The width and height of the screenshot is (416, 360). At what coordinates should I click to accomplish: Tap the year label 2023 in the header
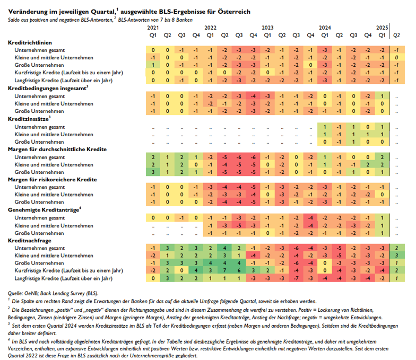click(267, 28)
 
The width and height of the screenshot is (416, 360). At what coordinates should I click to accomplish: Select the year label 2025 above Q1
click(382, 28)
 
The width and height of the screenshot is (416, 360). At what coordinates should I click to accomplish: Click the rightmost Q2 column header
click(396, 35)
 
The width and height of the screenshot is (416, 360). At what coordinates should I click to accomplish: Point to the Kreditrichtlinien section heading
click(30, 42)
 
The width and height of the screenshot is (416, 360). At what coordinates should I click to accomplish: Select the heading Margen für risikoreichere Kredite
click(52, 179)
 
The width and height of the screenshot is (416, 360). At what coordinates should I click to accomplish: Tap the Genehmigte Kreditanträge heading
click(44, 210)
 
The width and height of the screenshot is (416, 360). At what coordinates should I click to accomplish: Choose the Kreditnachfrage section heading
click(30, 241)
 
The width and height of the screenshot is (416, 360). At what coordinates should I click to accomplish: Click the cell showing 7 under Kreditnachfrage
click(224, 270)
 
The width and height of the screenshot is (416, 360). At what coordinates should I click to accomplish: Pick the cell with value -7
click(296, 278)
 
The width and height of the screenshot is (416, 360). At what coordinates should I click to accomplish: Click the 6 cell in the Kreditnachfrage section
click(239, 270)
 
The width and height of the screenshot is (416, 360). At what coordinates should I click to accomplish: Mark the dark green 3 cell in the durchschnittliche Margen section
click(153, 172)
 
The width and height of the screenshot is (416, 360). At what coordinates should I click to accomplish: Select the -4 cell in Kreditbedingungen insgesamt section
click(253, 96)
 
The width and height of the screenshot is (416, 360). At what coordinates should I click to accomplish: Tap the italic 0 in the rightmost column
click(396, 57)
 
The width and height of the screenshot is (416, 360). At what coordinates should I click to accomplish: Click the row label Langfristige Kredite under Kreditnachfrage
click(64, 278)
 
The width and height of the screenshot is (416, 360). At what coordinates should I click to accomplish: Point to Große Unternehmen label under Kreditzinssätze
click(39, 142)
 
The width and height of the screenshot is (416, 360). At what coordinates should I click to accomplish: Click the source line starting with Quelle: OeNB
click(53, 294)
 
